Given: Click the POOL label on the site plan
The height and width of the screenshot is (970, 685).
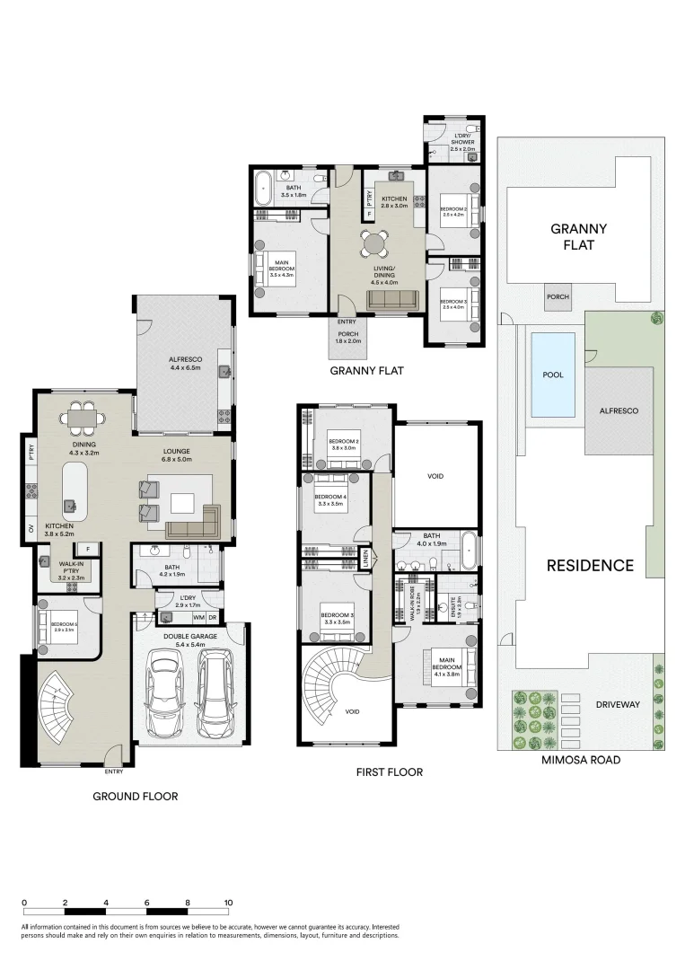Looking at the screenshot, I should point(553,375).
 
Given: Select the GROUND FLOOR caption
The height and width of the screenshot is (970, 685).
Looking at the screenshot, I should point(136,796).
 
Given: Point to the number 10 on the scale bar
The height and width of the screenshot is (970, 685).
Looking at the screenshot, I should point(228,903).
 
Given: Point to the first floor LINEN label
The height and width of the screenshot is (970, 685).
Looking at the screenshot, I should point(366,559).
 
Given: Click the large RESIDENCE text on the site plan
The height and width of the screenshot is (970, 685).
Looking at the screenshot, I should point(591,566).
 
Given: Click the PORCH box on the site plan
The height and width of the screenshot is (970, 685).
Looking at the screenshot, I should point(557,295).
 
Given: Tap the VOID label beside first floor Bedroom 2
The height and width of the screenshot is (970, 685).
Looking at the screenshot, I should point(435,477).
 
